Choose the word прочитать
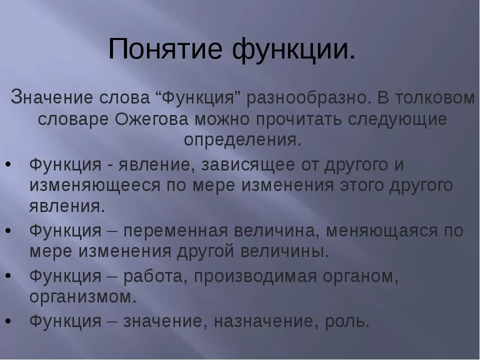tap(298, 119)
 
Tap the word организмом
tap(83, 297)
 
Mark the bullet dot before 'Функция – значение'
tap(8, 321)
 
